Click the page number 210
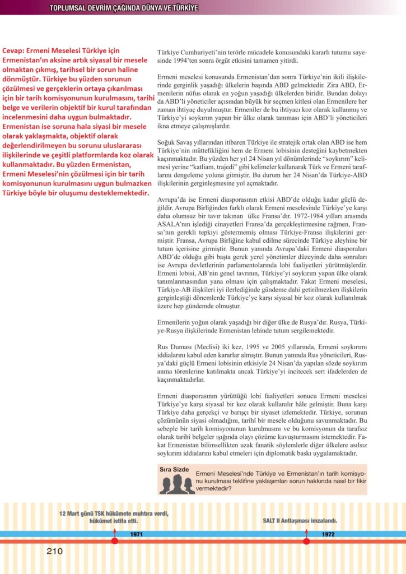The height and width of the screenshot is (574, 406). (54, 551)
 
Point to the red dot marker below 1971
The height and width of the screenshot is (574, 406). (115, 540)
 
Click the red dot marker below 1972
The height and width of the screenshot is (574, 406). (306, 540)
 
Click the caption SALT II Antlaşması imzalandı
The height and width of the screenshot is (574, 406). (300, 520)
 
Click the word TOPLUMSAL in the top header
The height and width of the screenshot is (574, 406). (68, 8)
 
